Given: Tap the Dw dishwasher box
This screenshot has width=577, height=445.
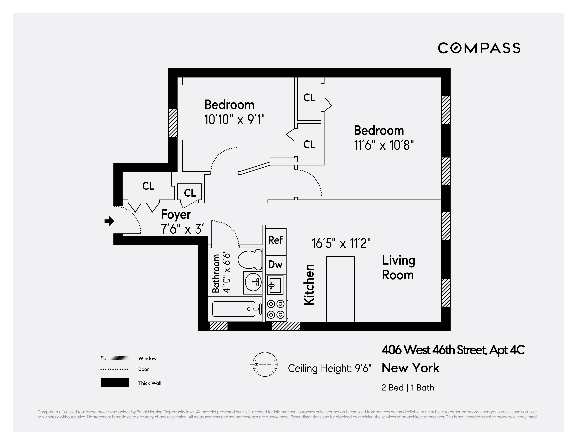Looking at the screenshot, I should coord(276,264).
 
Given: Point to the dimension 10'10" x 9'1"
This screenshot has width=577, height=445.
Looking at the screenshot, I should coord(234,120).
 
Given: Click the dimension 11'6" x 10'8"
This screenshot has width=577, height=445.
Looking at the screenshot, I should coord(384,145).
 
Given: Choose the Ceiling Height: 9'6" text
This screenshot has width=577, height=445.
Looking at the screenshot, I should coord(329,368).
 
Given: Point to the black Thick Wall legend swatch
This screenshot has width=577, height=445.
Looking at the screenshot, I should coord(115,382).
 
